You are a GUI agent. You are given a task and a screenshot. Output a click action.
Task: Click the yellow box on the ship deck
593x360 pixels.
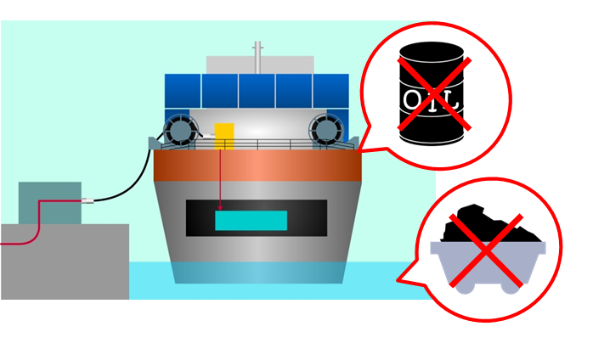coord(224,136)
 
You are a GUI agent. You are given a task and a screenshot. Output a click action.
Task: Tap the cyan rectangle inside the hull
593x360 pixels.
coord(251,221)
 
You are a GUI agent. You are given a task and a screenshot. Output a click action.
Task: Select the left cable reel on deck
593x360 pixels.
coord(181,130)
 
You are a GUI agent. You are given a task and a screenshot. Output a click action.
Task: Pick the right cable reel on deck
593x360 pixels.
coord(325,130)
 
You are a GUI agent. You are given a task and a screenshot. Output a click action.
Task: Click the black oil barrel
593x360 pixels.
coord(432,93)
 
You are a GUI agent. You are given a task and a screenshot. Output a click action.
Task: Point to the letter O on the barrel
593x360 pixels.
coord(413,100)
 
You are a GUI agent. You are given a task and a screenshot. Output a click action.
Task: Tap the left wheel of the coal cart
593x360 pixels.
coord(465,287)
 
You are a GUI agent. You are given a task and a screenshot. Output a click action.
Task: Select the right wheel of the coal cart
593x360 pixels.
coord(511,287)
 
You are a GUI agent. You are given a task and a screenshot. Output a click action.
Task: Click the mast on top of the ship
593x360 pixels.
coord(257,58)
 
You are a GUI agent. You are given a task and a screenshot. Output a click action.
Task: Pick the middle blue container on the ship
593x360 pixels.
coord(257,91)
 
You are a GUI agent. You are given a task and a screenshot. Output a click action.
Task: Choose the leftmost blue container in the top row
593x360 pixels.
coord(183,91)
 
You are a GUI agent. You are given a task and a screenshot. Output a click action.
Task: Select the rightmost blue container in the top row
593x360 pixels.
coord(331,91)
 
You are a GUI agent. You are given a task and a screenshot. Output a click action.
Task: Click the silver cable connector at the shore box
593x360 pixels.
coord(88,200)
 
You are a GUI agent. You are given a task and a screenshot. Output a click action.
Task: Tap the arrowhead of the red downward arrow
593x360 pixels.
coord(220,208)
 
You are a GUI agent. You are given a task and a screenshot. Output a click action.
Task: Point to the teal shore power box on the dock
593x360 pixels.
coord(50,203)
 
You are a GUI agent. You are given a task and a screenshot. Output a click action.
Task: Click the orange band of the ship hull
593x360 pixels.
coord(257,166)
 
